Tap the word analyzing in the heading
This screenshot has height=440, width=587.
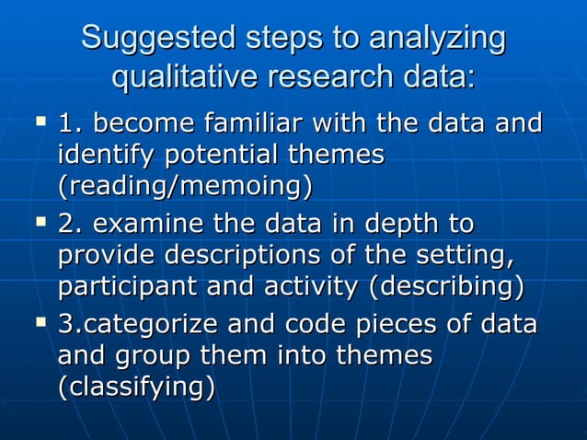437,40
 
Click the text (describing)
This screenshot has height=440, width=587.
446,286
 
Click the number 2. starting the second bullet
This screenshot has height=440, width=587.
69,224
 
